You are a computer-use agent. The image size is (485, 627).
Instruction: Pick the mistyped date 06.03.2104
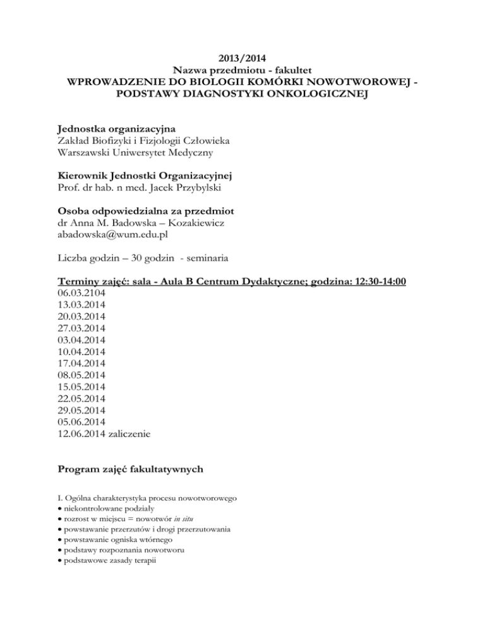[81, 294]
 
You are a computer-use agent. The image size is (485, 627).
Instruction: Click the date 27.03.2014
[81, 329]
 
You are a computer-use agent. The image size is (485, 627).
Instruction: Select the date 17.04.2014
[81, 364]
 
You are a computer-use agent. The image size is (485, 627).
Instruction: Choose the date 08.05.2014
[81, 375]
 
